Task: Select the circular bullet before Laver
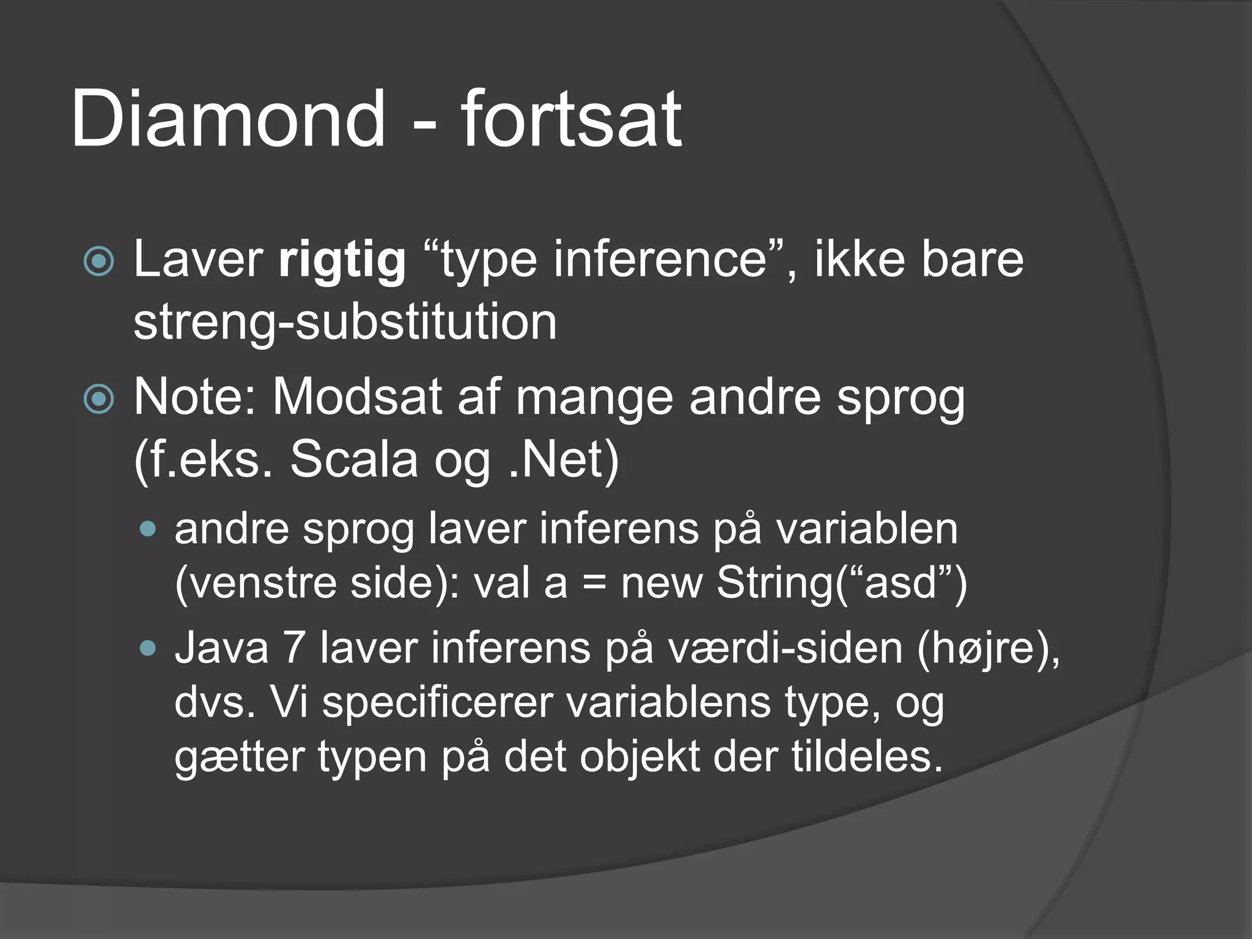click(x=98, y=262)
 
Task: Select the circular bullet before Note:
click(x=98, y=400)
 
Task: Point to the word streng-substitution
click(x=345, y=323)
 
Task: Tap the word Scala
click(x=353, y=460)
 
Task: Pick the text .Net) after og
click(x=563, y=460)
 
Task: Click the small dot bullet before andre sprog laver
click(x=148, y=529)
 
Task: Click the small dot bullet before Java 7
click(x=148, y=649)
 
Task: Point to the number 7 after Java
click(x=294, y=648)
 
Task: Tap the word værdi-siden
click(x=785, y=648)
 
